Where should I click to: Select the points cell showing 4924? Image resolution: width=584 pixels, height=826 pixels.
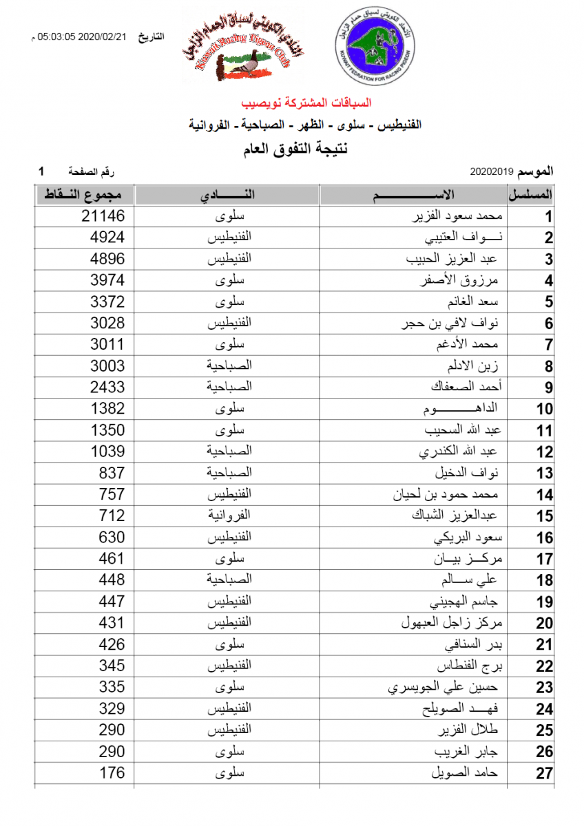[x=107, y=237]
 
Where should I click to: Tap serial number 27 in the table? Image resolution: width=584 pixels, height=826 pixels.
[x=544, y=773]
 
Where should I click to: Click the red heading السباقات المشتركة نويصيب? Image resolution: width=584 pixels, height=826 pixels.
[x=306, y=103]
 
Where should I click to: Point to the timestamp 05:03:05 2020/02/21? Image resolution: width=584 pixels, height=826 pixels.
[x=82, y=37]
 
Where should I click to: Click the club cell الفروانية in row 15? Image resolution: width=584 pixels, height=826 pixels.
[x=228, y=515]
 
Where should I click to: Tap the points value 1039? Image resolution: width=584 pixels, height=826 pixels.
[x=107, y=452]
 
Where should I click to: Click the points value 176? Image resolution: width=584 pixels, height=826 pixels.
[x=112, y=773]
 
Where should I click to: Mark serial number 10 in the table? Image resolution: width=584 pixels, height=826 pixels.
[x=544, y=409]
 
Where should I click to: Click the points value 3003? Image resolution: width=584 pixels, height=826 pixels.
[x=107, y=366]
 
